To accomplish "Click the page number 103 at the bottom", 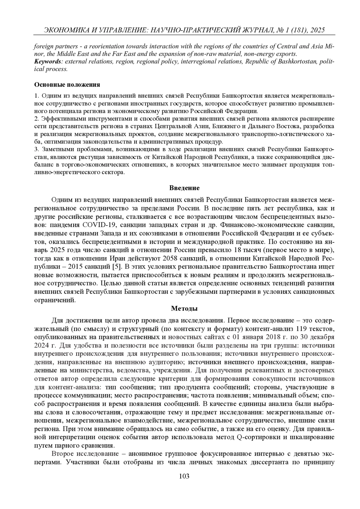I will click(184, 476).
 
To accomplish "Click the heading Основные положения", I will click(67, 85).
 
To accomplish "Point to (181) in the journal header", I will click(292, 30).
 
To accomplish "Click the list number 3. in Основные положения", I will click(37, 149).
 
